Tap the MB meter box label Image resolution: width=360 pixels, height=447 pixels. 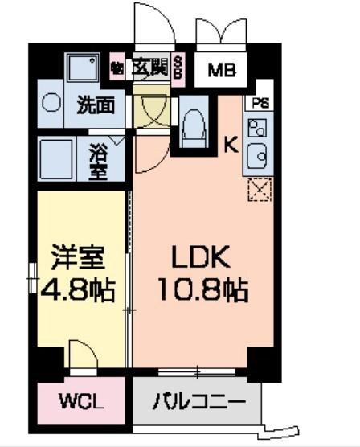pyautogui.click(x=223, y=70)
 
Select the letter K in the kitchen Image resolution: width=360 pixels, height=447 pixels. pyautogui.click(x=229, y=146)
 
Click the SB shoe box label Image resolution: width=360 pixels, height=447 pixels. pyautogui.click(x=178, y=68)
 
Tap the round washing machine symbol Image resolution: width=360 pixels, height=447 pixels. pyautogui.click(x=51, y=104)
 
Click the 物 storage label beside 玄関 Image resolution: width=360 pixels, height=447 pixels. pyautogui.click(x=118, y=68)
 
